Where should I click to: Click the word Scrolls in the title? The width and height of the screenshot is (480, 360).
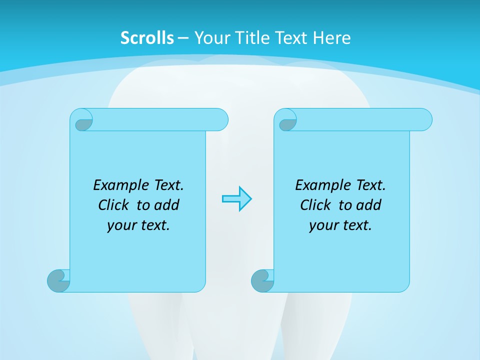point(147,38)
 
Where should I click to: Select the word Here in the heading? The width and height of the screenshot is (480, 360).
point(332,38)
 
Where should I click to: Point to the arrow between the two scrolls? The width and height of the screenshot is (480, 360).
point(236,199)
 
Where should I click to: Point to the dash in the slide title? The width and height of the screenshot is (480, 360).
point(183,38)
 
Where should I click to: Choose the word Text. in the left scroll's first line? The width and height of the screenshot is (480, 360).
point(168,185)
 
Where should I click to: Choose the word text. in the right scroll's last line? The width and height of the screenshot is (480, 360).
point(356,225)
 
